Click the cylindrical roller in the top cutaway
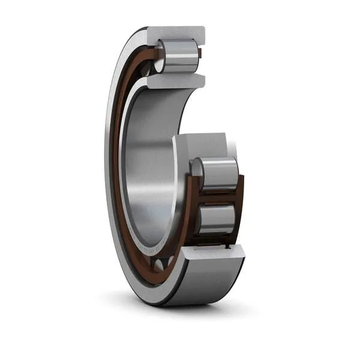click(179, 56)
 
